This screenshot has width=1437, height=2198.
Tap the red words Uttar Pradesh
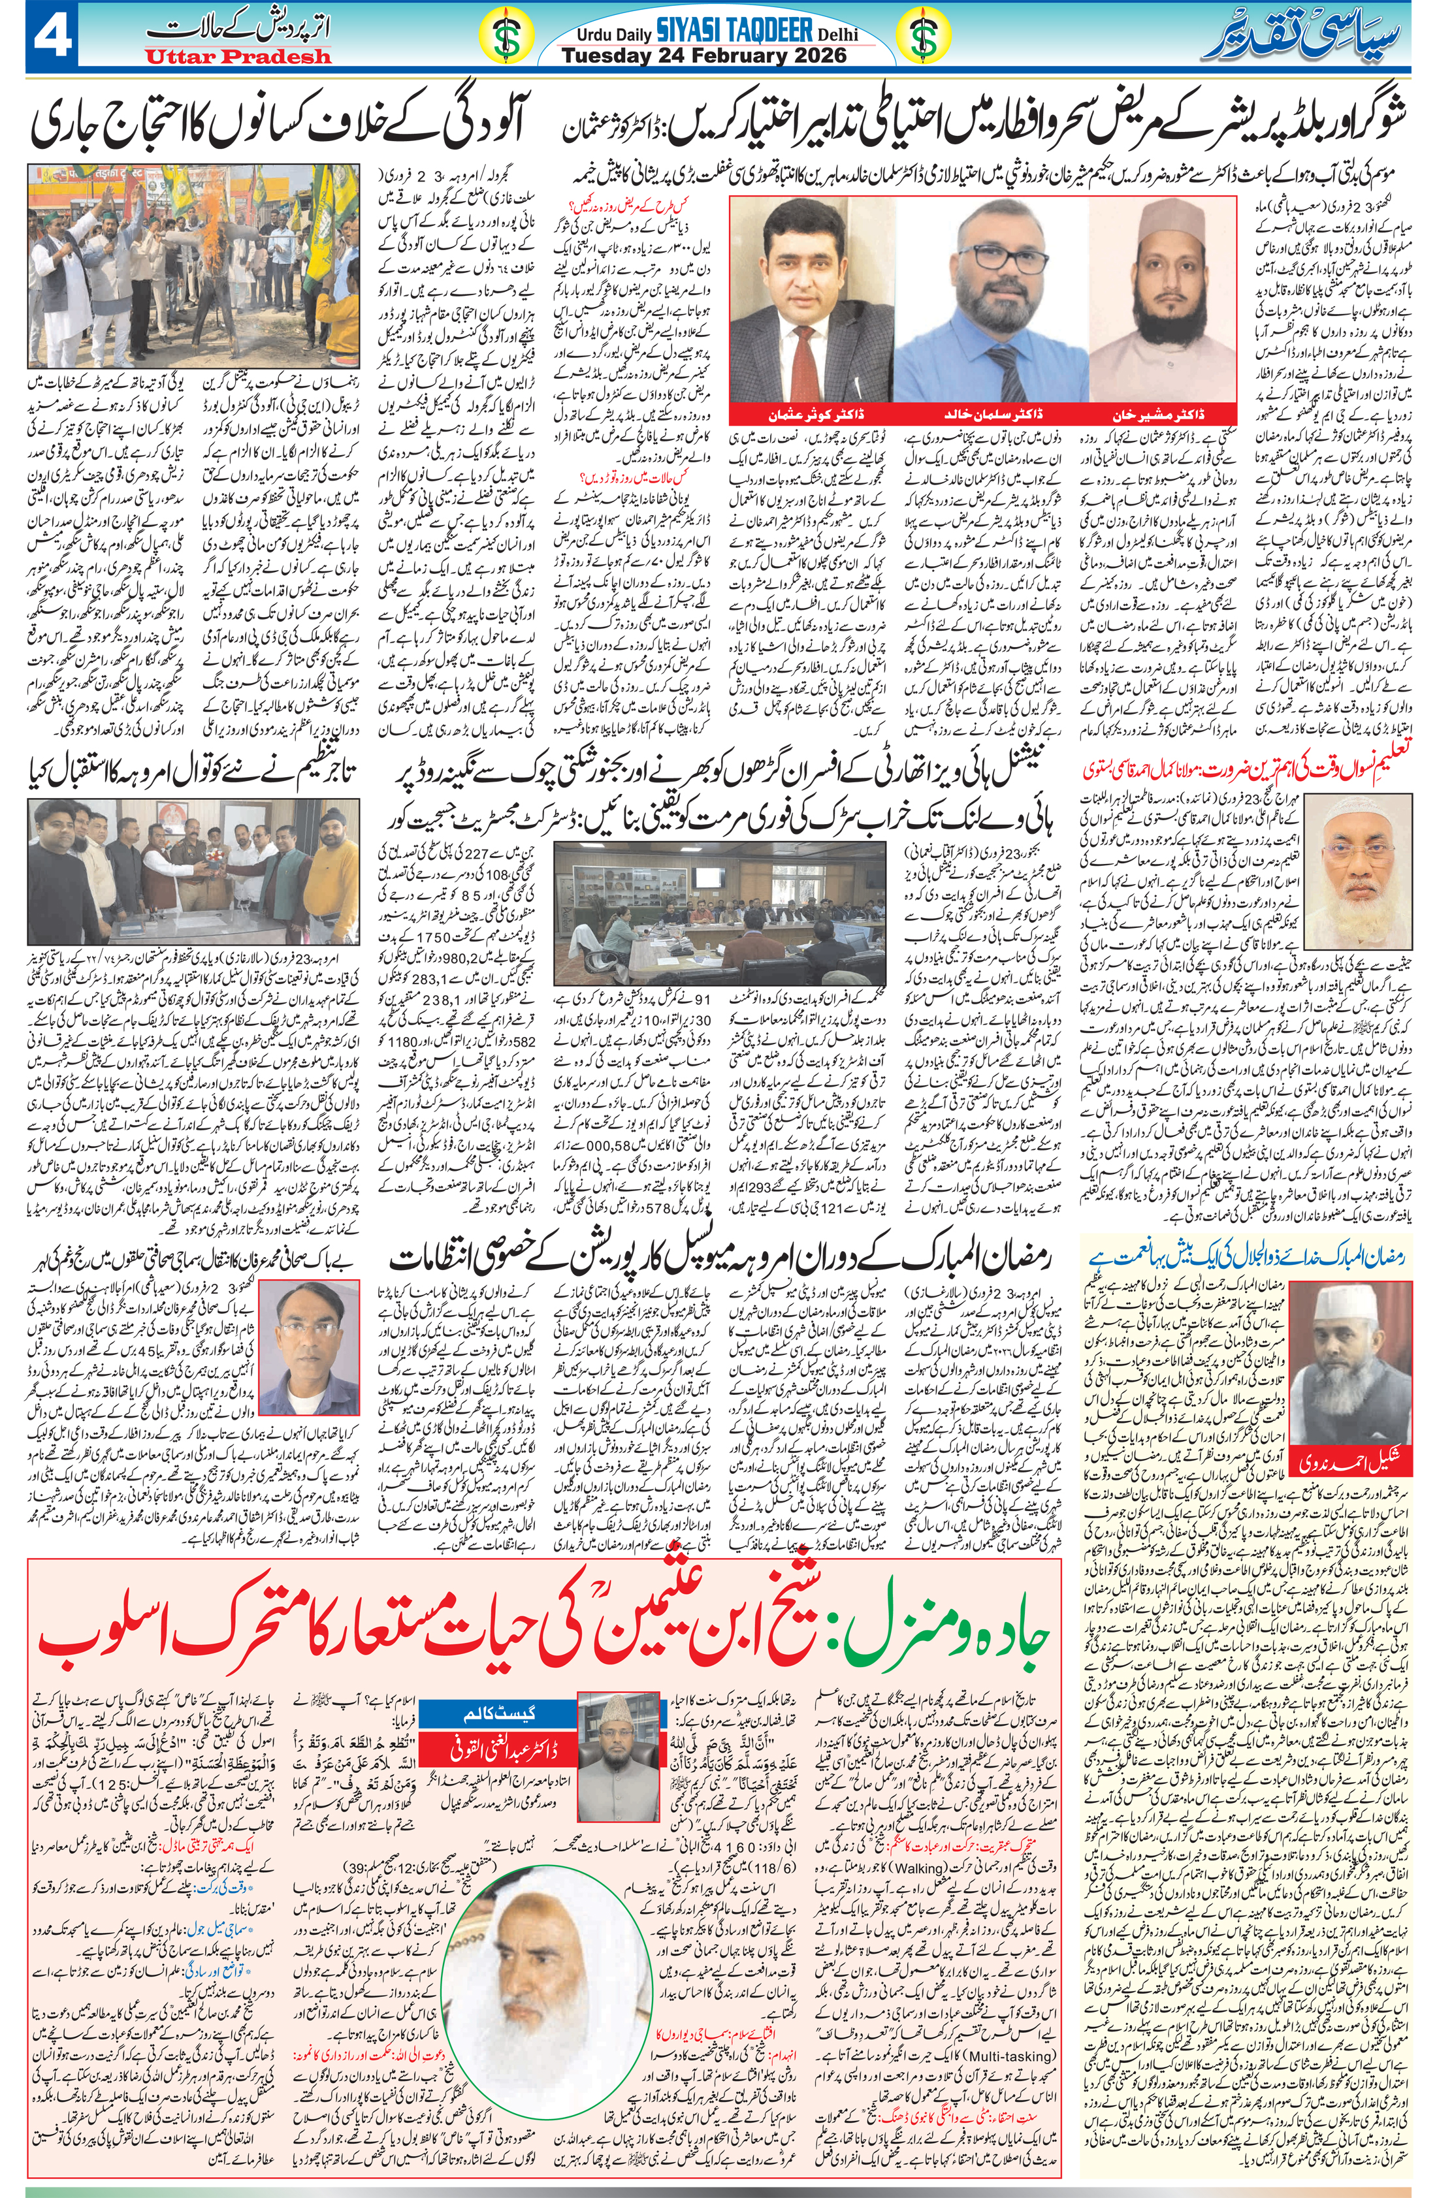[x=237, y=56]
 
